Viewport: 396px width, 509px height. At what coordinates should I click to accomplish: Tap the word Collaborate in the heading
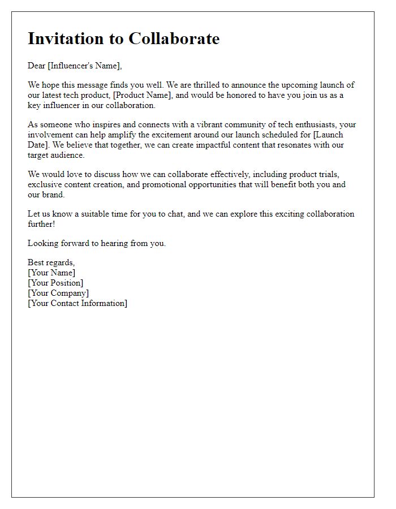174,38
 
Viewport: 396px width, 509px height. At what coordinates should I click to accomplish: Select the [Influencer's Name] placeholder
84,66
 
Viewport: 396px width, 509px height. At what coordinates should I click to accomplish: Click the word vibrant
228,124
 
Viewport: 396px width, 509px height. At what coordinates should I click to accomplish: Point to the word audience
68,155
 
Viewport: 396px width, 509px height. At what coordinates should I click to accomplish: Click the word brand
54,195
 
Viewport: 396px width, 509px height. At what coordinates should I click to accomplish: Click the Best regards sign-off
51,262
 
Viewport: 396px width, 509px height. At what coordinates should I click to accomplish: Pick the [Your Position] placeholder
55,283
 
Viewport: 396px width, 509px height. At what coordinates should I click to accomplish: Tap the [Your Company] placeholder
58,293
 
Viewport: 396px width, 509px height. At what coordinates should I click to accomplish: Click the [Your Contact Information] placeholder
78,303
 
